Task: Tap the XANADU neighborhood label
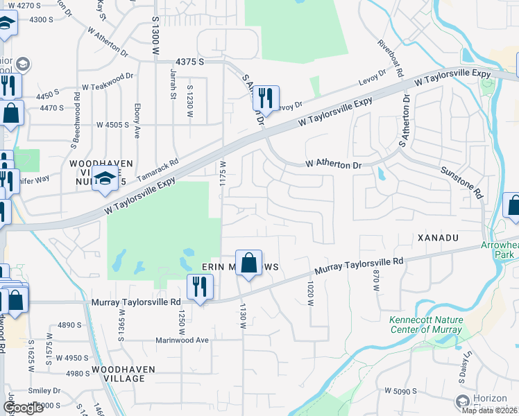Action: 439,238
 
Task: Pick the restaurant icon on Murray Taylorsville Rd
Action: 199,287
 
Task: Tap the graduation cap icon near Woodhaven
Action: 105,179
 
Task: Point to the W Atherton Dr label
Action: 334,165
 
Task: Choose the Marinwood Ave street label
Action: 182,340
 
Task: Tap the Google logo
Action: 24,408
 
